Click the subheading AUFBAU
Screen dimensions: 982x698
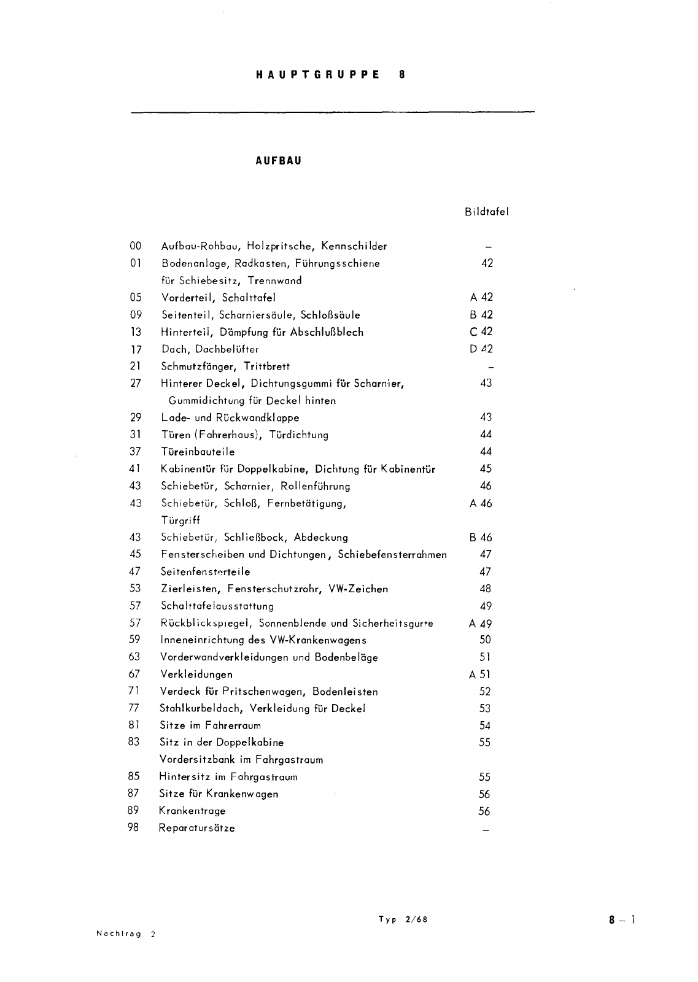point(278,161)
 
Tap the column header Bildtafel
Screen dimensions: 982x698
point(486,212)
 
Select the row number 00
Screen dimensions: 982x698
point(136,246)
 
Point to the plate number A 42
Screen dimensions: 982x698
point(481,298)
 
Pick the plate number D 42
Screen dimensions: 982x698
point(481,349)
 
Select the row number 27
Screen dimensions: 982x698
point(136,384)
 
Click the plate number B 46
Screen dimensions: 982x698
point(481,538)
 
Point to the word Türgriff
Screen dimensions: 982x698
point(181,520)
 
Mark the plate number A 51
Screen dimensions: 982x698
point(479,675)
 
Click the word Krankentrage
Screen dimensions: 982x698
point(192,811)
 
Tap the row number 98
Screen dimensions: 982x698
point(133,827)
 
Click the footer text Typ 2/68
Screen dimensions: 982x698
point(403,919)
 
